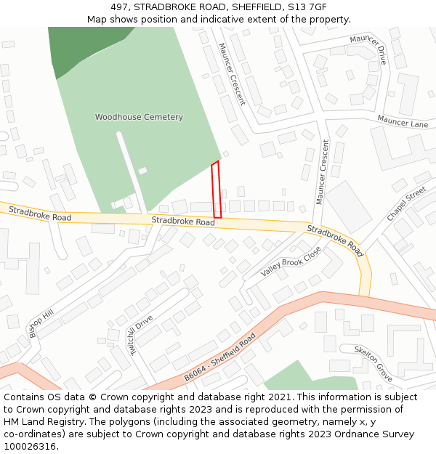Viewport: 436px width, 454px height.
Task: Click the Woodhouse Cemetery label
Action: [139, 117]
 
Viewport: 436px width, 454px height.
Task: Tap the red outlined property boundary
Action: [216, 190]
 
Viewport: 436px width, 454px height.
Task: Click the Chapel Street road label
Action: [406, 204]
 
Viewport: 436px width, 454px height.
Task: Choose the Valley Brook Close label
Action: [291, 262]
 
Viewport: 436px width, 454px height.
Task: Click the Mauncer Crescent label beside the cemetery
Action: [232, 73]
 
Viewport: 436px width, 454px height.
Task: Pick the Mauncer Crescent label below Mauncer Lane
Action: [323, 171]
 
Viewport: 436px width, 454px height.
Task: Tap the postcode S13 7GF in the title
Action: [307, 7]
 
